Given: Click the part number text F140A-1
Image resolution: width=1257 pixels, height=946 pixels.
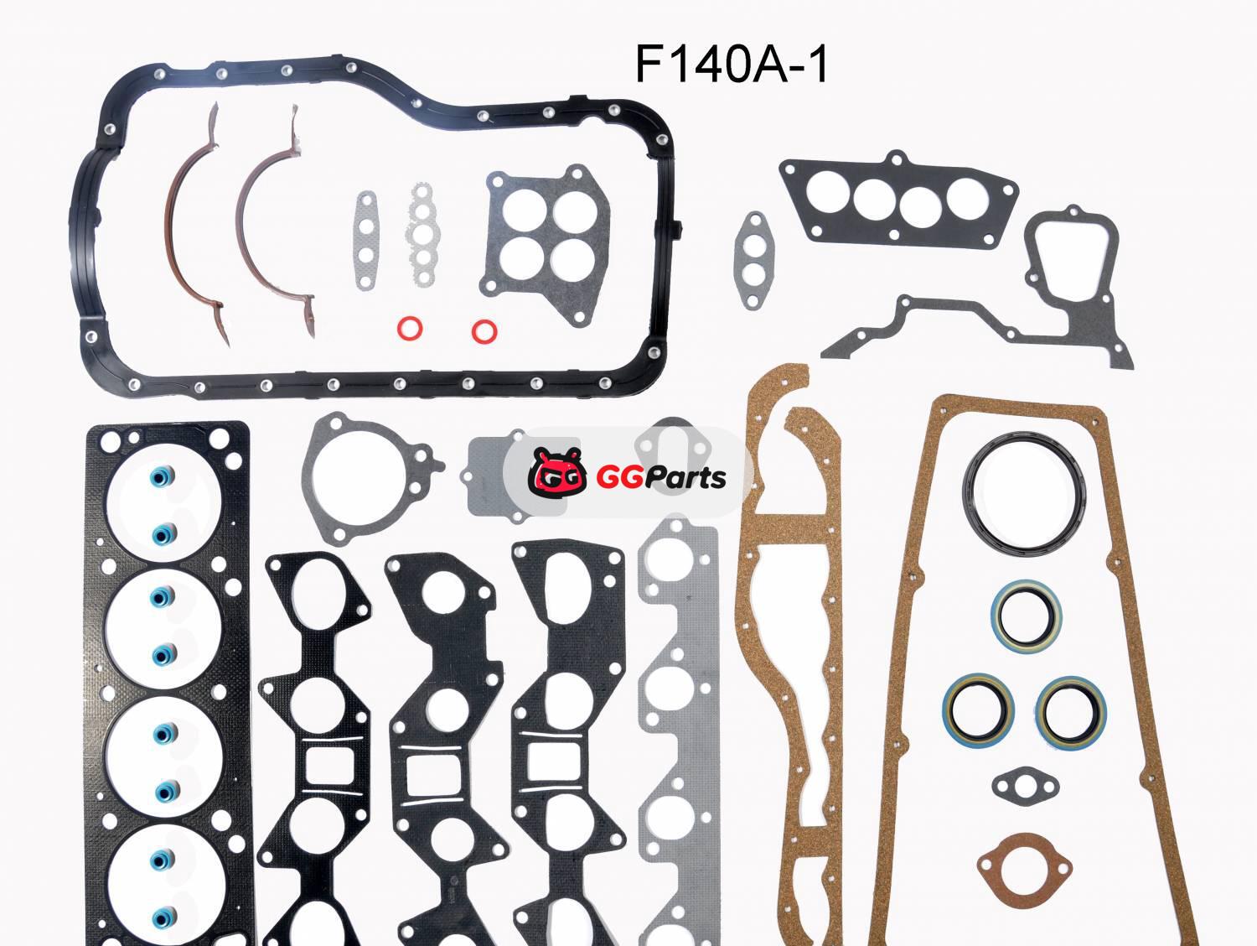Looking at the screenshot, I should coord(732,65).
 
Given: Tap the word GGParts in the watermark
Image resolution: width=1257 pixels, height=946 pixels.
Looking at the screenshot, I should coord(661,478).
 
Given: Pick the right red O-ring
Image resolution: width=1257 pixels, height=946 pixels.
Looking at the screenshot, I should coord(484,330).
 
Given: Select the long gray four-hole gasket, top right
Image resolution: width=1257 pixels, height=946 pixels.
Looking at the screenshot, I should coord(898,199).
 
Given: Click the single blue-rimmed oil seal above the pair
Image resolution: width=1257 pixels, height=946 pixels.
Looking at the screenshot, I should coord(1027,615).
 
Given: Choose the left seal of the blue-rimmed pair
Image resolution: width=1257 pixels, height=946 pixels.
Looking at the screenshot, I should coord(978,709).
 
